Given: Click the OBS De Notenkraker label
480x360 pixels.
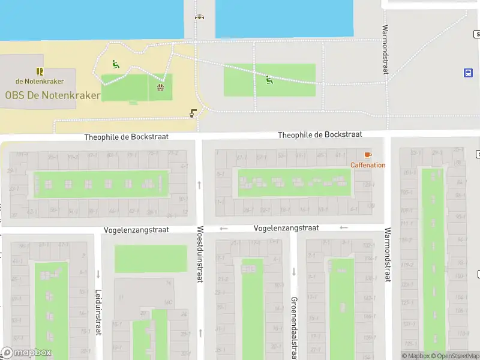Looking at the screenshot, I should coord(53,95).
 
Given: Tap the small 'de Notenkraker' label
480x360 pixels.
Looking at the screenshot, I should coord(40,81).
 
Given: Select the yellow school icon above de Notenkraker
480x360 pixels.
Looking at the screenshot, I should coord(40,71).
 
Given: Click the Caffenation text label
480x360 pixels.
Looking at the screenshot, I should coord(368,165).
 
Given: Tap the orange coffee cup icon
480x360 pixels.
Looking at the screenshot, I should coord(367,155).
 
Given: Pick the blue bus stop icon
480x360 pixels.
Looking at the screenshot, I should coord(467,73).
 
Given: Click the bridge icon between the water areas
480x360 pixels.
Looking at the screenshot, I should coord(199,17).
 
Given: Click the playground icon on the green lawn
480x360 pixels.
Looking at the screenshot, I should coord(269,79).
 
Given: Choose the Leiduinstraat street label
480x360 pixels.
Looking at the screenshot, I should coord(98,313).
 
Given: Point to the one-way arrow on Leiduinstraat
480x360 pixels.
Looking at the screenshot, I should coord(98,274).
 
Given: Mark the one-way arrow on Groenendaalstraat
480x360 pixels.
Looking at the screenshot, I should coord(294,271).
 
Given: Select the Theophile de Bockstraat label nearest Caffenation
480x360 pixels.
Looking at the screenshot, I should coord(320,135).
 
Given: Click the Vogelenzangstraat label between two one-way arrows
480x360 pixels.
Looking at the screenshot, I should coord(286,228).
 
